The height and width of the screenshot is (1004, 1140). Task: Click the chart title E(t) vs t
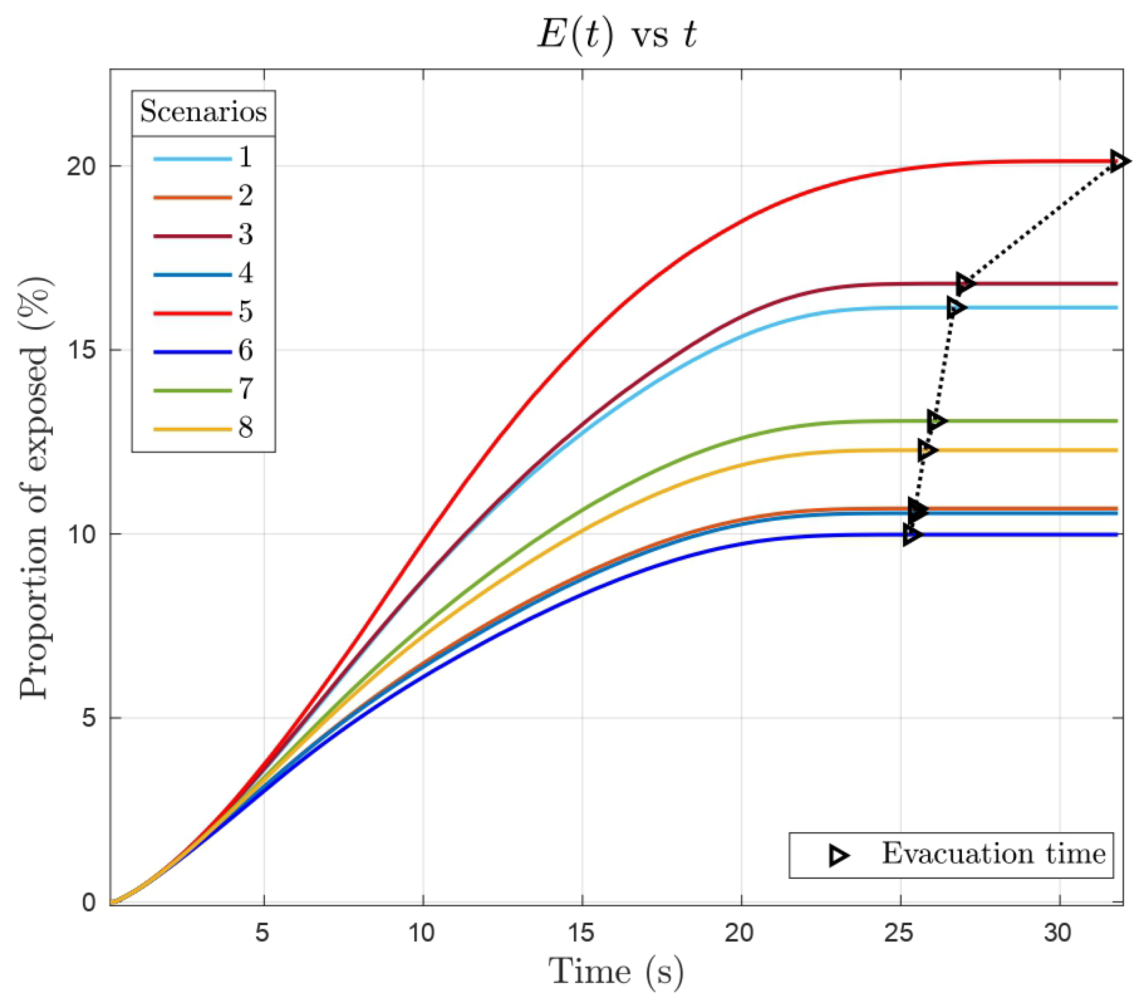[x=616, y=36]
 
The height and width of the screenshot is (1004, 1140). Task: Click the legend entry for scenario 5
[x=203, y=312]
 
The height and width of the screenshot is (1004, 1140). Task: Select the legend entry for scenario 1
[x=203, y=159]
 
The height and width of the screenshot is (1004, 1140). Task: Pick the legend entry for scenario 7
[x=203, y=390]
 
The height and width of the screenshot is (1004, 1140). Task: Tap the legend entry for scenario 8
[x=203, y=429]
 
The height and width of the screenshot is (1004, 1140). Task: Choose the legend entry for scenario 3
[x=203, y=235]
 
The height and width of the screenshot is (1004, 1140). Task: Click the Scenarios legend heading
[x=203, y=112]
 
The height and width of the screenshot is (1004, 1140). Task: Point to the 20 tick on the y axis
[x=84, y=166]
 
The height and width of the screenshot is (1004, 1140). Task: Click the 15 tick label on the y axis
[x=84, y=351]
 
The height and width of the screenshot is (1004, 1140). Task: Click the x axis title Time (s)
[x=616, y=972]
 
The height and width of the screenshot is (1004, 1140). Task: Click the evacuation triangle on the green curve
[x=937, y=420]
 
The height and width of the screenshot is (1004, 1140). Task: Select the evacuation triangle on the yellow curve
[x=927, y=449]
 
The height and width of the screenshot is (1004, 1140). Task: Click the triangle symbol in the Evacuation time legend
[x=838, y=855]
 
